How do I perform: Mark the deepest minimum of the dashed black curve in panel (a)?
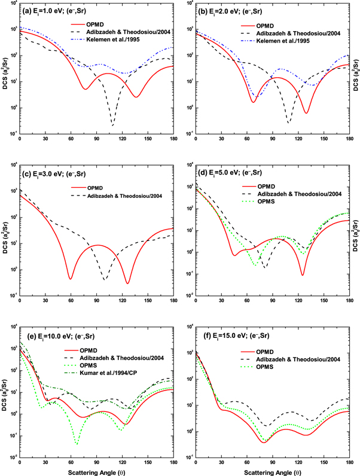pyautogui.click(x=112, y=125)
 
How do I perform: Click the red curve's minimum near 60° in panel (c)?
pyautogui.click(x=71, y=279)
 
